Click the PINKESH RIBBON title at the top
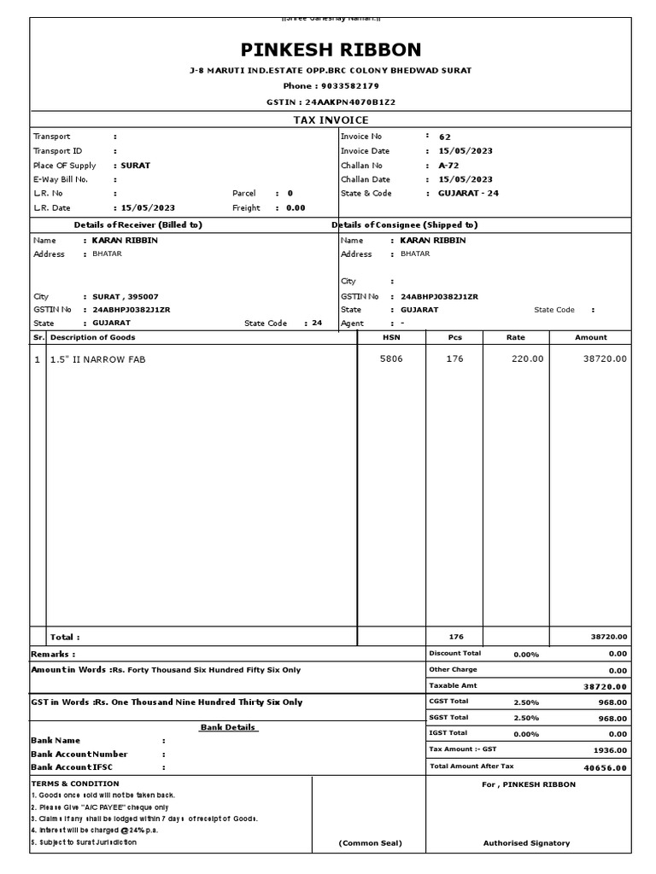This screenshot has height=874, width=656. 331,50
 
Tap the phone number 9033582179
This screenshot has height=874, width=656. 348,86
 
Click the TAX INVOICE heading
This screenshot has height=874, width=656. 331,120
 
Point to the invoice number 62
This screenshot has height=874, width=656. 444,137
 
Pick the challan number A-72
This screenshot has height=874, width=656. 448,166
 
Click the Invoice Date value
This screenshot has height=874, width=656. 465,151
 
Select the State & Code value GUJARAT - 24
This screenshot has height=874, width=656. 468,194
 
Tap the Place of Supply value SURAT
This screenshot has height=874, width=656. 136,166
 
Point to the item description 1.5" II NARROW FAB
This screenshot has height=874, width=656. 97,359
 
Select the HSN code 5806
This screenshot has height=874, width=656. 390,359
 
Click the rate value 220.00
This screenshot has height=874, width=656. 527,359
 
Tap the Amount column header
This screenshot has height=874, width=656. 590,337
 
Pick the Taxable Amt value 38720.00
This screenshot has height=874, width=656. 605,686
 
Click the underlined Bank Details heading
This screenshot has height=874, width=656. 228,727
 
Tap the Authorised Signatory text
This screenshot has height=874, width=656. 526,843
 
